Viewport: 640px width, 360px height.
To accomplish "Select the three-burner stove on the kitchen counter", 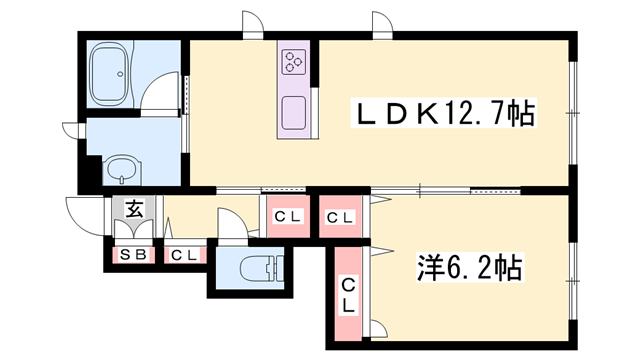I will click(x=294, y=63).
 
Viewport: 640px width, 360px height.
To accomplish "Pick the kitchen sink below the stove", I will click(x=295, y=111).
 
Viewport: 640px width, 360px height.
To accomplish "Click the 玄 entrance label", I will click(x=133, y=210).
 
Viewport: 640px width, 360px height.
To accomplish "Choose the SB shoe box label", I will click(x=133, y=255).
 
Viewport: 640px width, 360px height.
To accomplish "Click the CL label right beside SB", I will click(x=183, y=255).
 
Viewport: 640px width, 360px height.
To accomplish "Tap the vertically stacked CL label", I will click(x=348, y=296).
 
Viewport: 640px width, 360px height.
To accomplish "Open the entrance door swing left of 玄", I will click(x=85, y=212).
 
